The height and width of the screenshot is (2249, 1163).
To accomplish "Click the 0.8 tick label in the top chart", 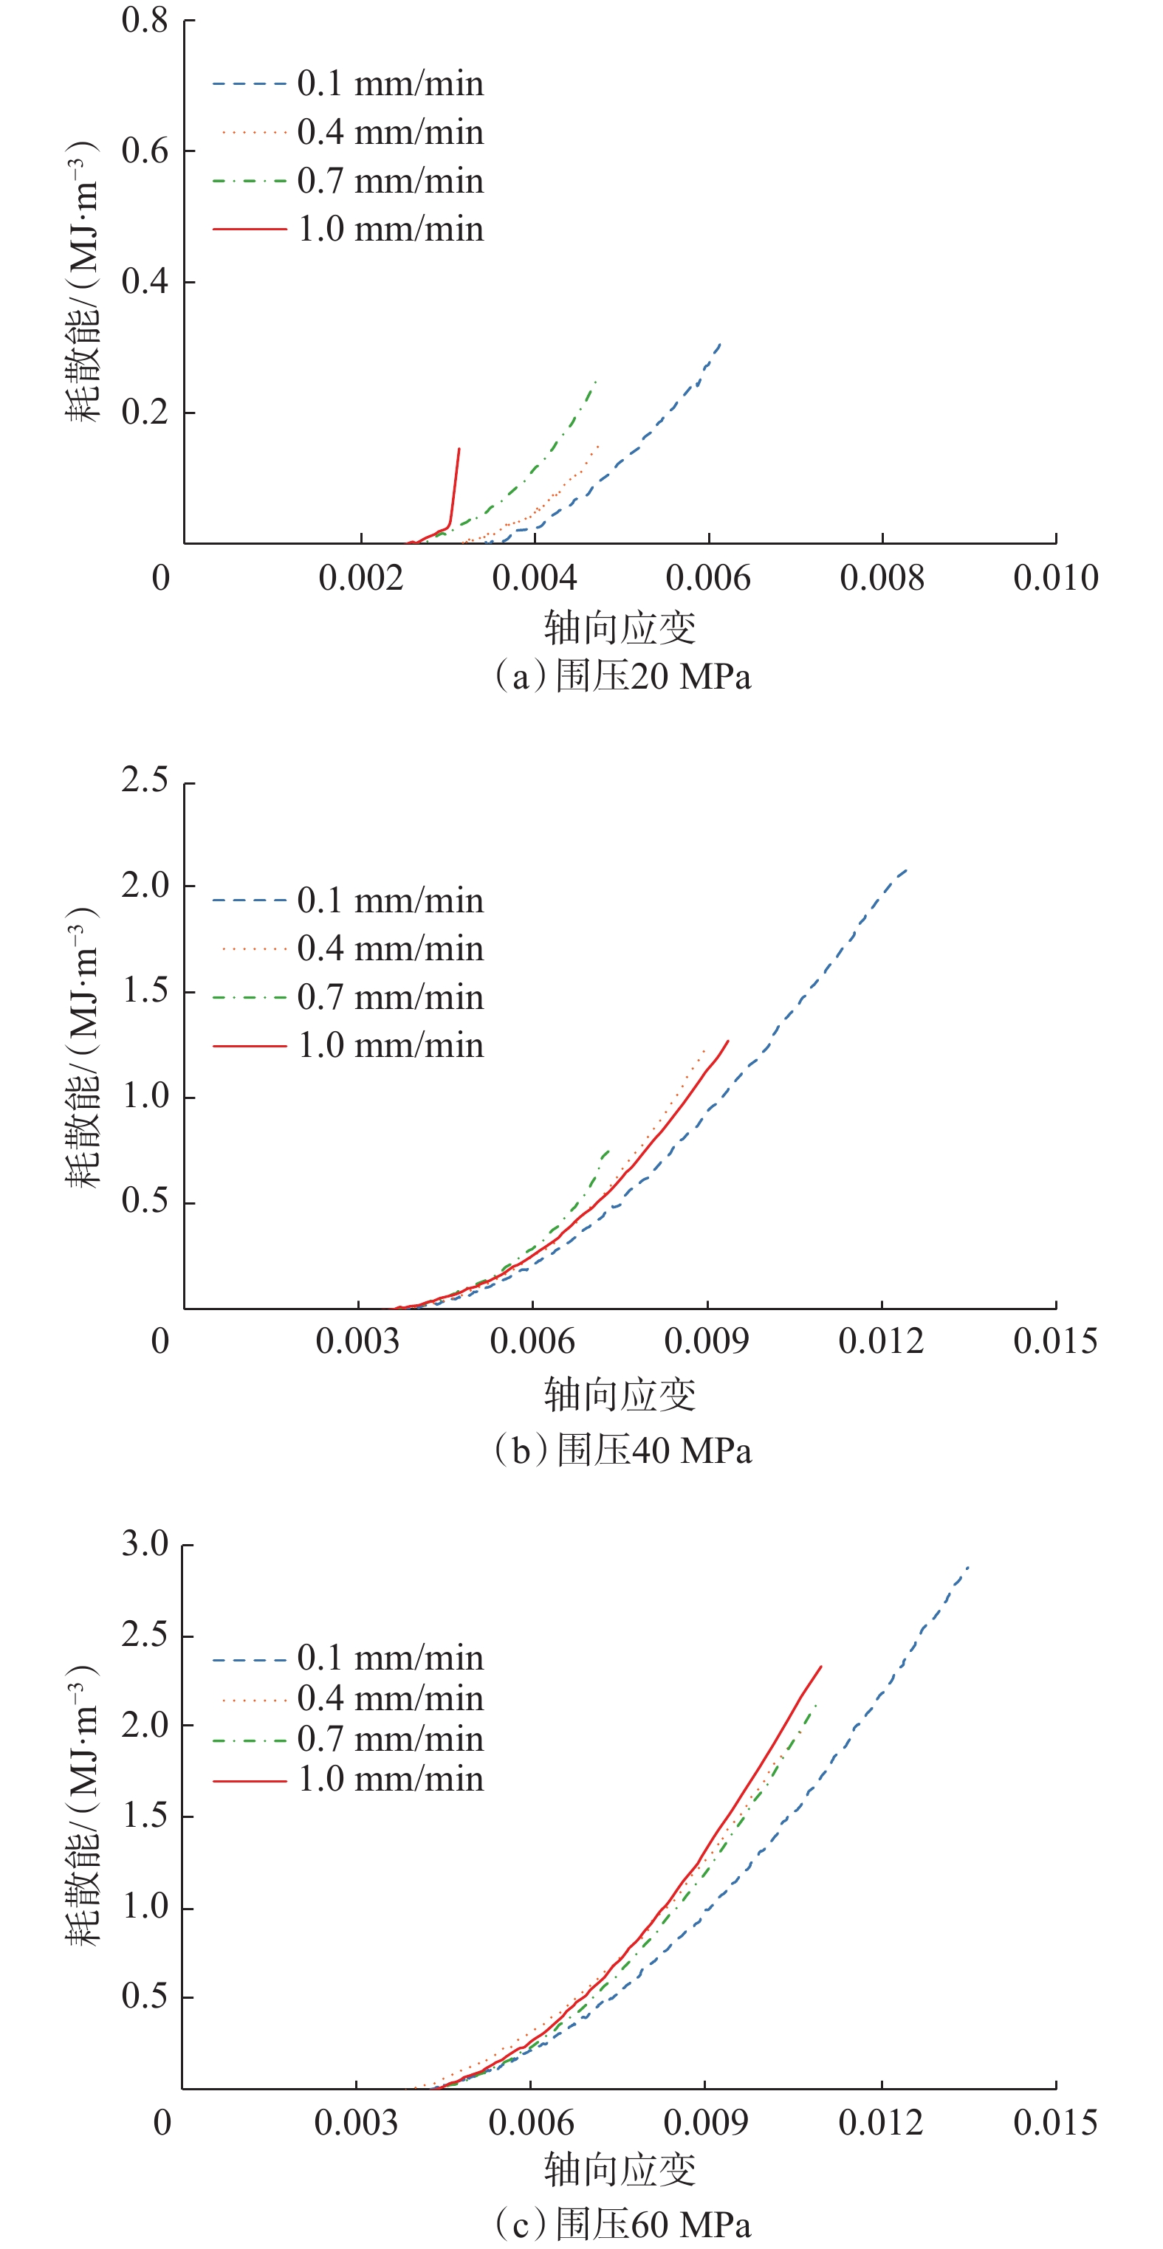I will tap(145, 20).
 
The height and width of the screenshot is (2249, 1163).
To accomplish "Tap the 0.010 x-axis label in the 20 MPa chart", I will tap(1054, 578).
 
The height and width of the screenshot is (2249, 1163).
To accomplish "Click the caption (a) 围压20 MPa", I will tap(622, 677).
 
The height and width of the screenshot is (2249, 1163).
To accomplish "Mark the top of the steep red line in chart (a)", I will tap(459, 450).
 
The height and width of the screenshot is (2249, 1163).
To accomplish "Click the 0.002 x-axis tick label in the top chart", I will tap(360, 578).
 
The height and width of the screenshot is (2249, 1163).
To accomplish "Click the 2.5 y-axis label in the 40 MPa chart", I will tap(145, 779).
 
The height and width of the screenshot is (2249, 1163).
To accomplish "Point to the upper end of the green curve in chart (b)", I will tap(608, 1151).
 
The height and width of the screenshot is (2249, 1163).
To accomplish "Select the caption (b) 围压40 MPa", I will tap(622, 1450).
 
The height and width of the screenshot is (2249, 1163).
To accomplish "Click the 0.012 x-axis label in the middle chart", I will tap(880, 1341).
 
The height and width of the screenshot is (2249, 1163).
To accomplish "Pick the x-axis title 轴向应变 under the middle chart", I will tap(620, 1394).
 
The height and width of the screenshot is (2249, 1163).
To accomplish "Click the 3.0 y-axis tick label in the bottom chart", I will tap(145, 1543).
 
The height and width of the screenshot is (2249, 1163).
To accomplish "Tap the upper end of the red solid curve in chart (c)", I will tap(820, 1667).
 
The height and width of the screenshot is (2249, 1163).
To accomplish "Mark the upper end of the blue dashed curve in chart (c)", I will tap(968, 1567).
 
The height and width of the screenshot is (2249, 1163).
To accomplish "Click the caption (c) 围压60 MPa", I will tap(622, 2224).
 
